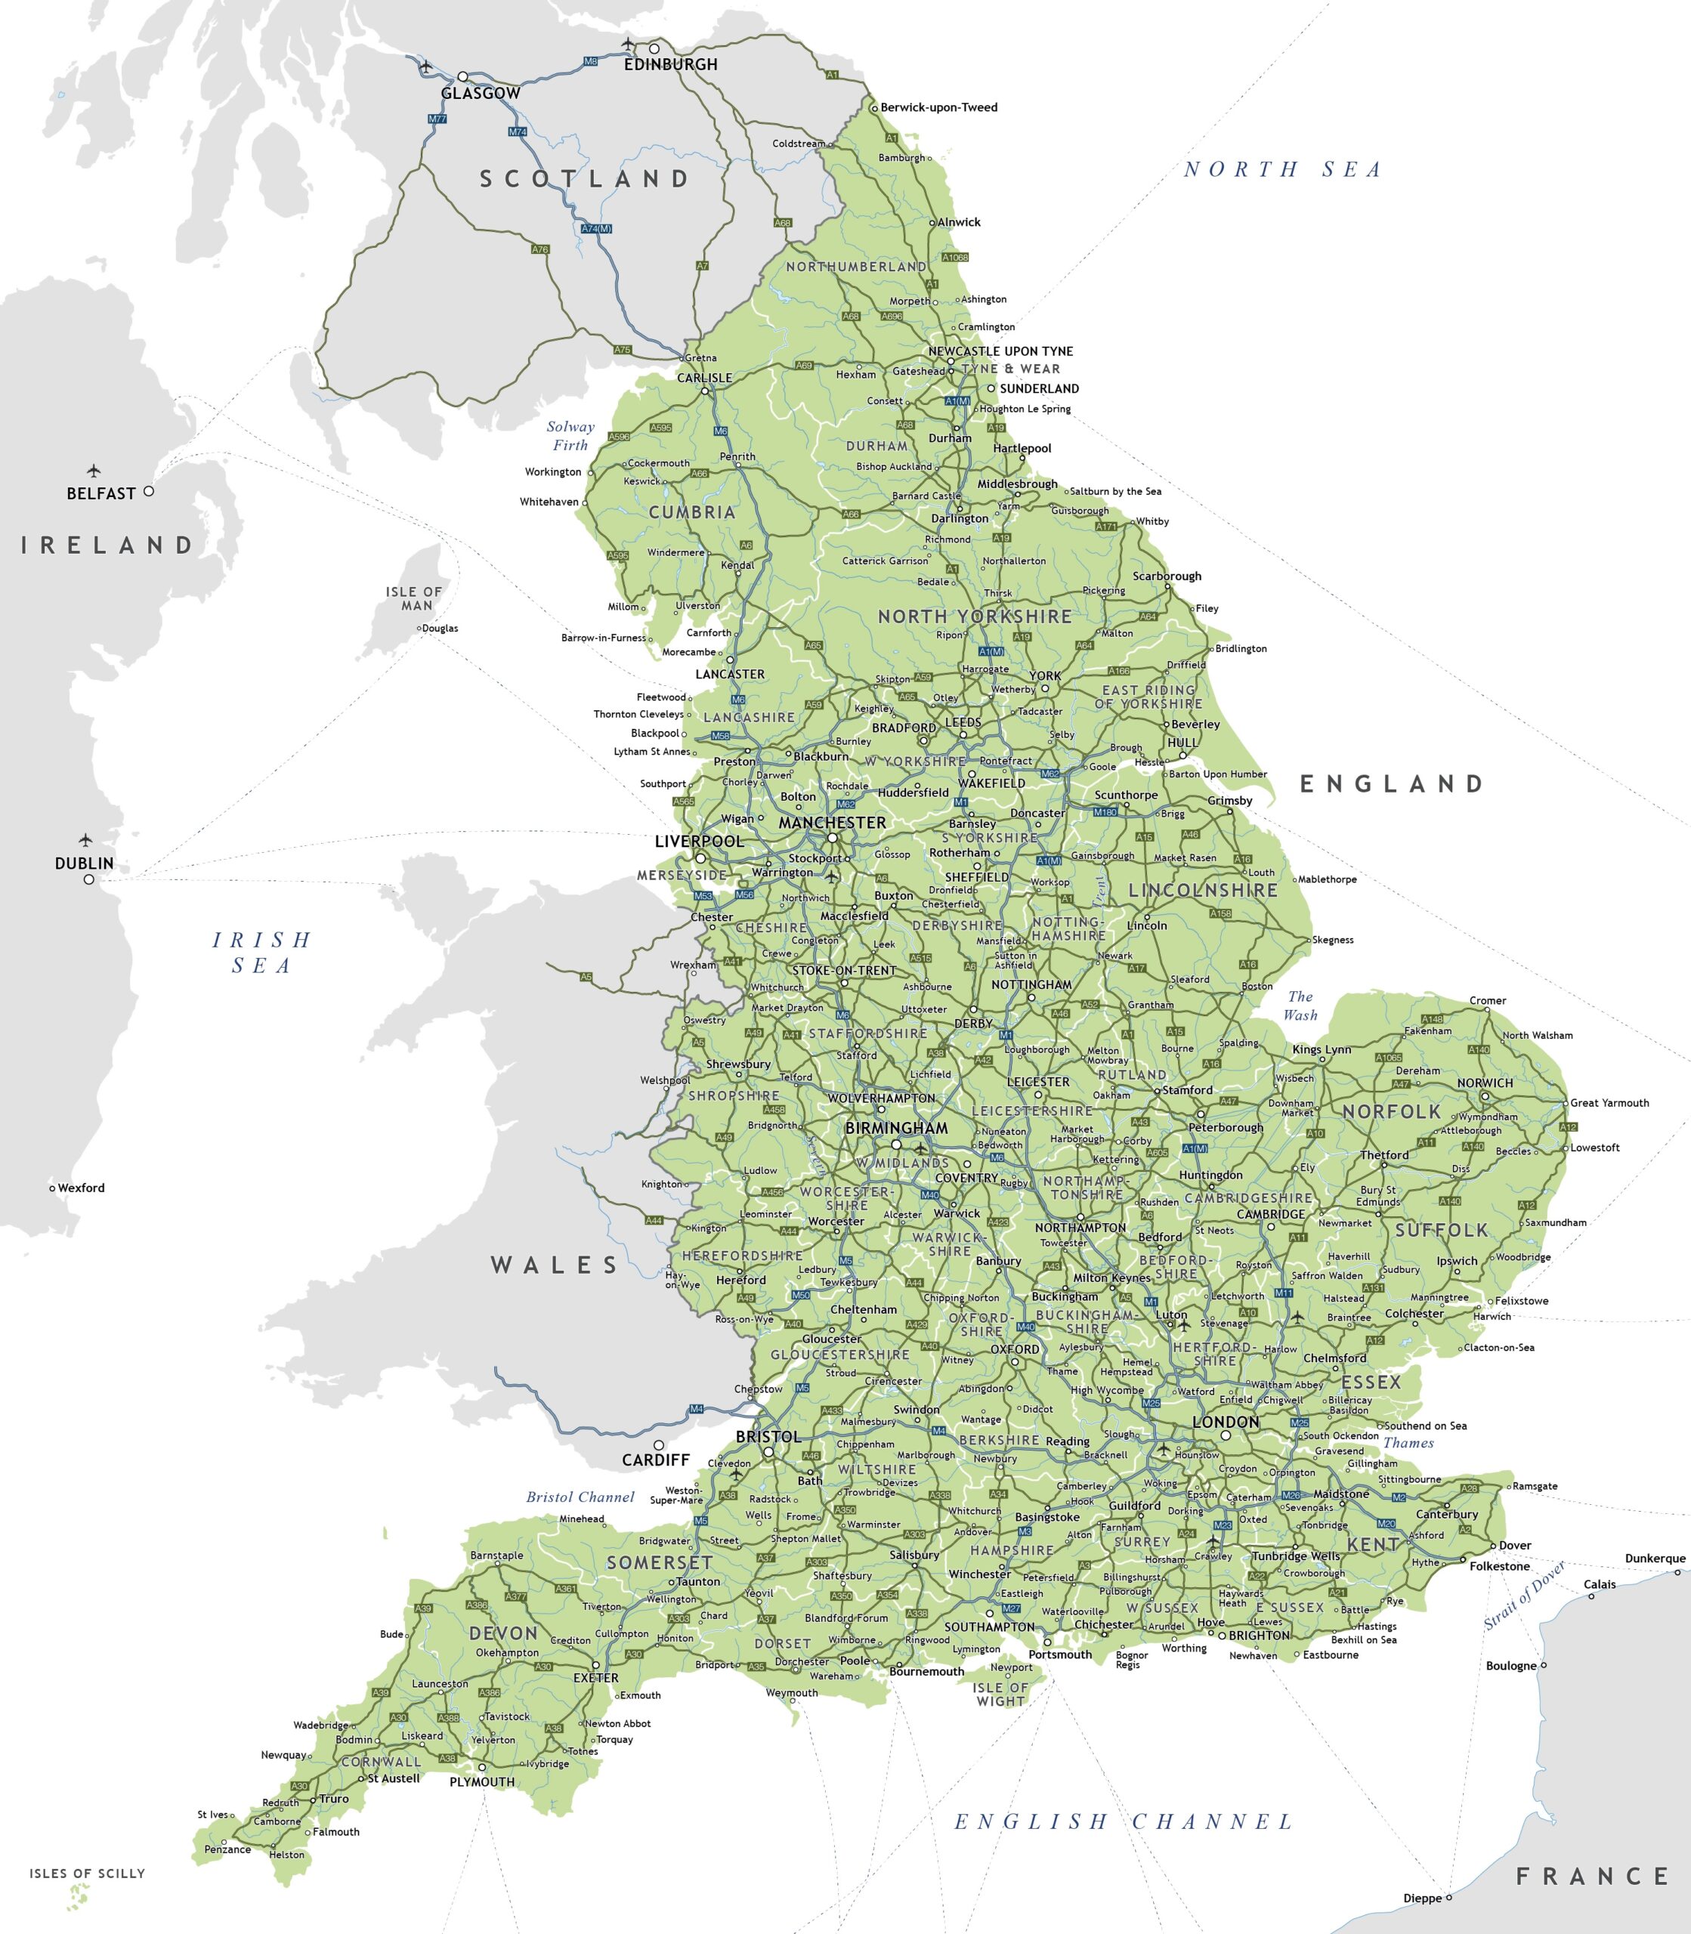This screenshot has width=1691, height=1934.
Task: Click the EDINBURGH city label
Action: click(670, 65)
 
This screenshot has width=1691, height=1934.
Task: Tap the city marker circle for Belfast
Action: click(148, 490)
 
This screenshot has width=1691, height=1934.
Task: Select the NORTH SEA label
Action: click(1282, 170)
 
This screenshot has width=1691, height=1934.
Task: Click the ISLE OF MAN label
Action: click(413, 598)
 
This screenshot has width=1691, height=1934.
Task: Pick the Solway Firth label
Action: click(570, 436)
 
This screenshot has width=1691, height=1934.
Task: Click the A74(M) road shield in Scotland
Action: click(596, 228)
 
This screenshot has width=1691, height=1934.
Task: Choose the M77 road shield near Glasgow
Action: click(437, 119)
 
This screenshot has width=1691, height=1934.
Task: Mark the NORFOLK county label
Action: click(1392, 1111)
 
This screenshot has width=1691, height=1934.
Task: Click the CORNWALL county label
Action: click(382, 1761)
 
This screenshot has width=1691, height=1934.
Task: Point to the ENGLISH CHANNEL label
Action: click(1123, 1821)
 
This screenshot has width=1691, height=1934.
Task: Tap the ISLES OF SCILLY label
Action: click(87, 1873)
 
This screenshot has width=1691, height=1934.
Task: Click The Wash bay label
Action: click(1300, 1006)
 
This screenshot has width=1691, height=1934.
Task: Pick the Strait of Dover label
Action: click(1525, 1594)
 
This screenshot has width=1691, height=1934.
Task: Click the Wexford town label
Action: click(81, 1188)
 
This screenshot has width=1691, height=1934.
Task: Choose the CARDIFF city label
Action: click(656, 1460)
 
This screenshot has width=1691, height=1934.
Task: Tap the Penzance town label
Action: click(227, 1849)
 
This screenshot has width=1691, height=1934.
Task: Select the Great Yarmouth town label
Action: click(1610, 1103)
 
